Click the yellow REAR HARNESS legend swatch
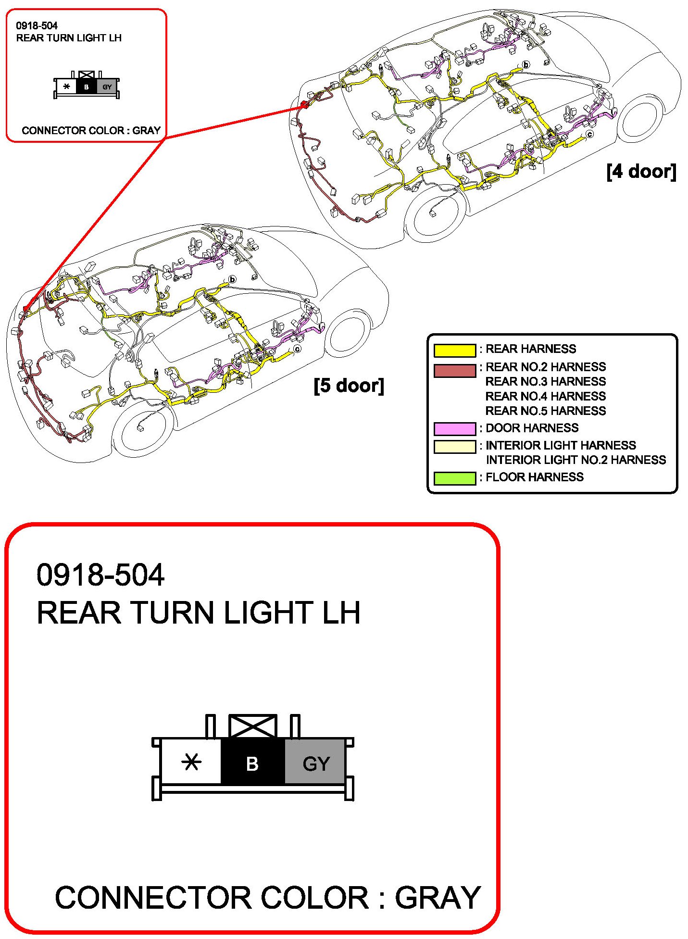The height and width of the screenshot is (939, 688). point(454,350)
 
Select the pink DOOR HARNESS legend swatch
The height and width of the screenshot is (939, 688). point(454,428)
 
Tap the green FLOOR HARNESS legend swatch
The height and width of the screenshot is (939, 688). point(454,478)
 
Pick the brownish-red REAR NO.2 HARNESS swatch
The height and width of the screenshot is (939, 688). point(454,371)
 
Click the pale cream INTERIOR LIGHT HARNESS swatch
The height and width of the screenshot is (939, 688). point(454,447)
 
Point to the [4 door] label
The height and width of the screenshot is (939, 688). point(641,172)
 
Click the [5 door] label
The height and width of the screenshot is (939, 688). point(349,386)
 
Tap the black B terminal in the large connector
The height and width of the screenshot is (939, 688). point(252,763)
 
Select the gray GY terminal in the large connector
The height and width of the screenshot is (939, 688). point(315,763)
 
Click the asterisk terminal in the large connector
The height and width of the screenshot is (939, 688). point(191,762)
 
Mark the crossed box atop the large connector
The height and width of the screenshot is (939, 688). point(252,726)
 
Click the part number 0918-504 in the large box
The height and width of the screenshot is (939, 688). point(100,575)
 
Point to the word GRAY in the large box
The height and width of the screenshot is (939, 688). point(438,897)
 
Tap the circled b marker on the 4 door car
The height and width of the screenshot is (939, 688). point(526,65)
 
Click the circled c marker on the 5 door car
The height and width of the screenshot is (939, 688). point(298,349)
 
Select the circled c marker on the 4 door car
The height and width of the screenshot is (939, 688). point(589,134)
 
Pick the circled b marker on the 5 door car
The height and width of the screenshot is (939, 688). point(233,279)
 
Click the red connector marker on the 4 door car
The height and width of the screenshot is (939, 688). point(304,104)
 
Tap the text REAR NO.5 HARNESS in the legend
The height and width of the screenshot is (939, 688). point(545,411)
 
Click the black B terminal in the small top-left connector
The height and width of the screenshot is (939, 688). point(87,87)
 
